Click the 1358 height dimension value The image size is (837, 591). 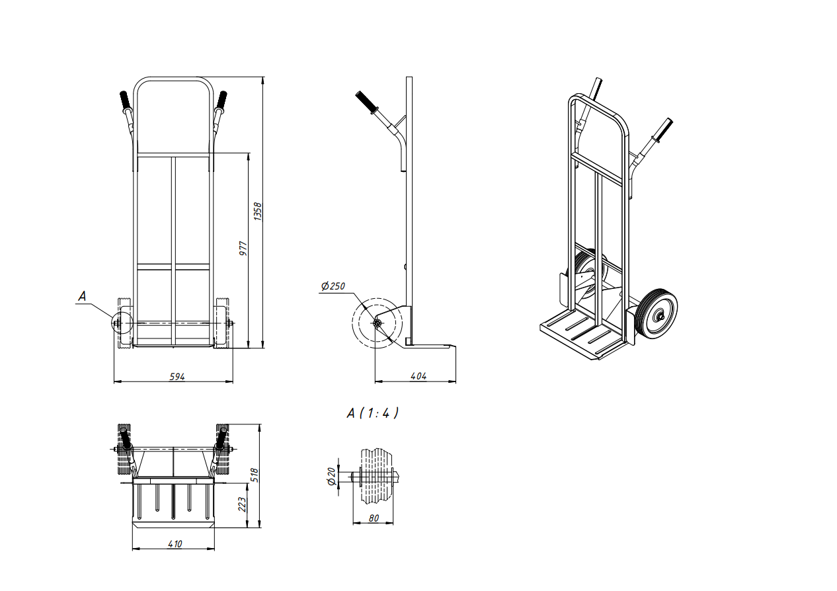[x=258, y=212]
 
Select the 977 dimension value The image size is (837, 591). [x=243, y=249]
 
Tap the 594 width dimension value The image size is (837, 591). [x=177, y=377]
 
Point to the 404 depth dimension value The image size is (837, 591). [x=418, y=376]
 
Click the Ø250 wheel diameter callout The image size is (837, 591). [x=333, y=286]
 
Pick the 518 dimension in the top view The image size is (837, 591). [x=255, y=475]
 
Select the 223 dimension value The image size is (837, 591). [x=243, y=504]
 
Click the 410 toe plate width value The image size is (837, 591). [x=175, y=544]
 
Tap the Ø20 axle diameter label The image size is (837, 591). [x=331, y=477]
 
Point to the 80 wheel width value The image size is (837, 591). [x=374, y=518]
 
